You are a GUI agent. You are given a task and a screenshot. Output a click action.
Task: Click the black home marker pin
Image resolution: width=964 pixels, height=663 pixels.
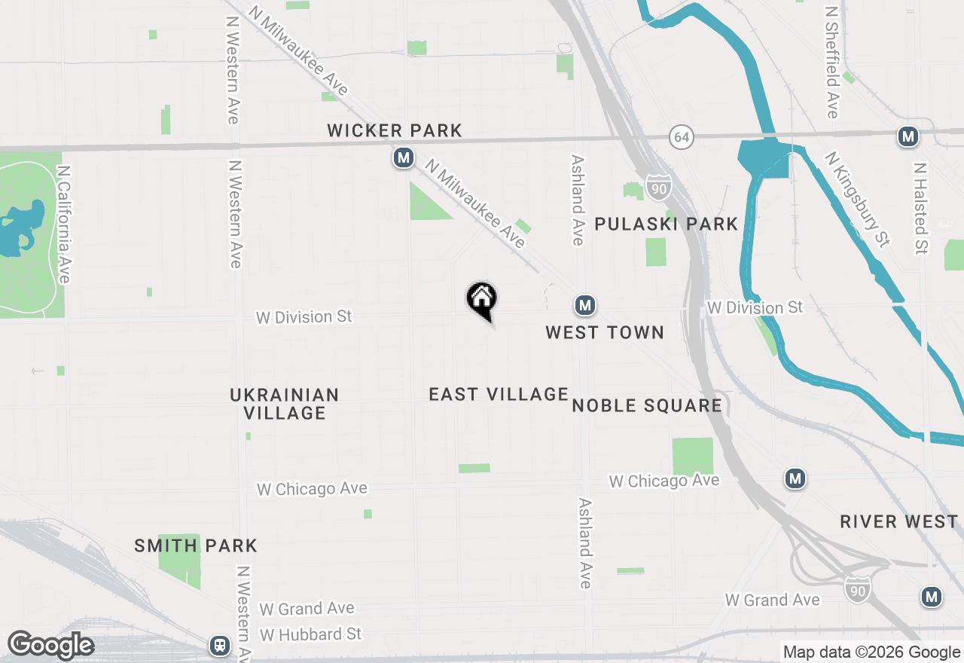click(x=481, y=299)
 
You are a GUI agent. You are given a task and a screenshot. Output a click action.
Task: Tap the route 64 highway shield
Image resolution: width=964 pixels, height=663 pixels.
click(x=681, y=138)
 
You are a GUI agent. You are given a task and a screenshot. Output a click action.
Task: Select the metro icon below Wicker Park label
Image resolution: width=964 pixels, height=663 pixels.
click(x=404, y=157)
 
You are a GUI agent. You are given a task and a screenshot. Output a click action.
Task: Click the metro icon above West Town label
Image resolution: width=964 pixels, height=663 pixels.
click(x=584, y=305)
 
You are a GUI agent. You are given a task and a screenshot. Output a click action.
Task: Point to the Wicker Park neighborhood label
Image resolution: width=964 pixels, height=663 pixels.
click(x=395, y=130)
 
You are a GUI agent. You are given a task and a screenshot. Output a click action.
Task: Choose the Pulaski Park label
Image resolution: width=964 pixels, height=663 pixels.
click(x=666, y=224)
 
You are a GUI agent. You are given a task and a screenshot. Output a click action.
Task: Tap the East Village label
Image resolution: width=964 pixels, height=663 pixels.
click(x=499, y=394)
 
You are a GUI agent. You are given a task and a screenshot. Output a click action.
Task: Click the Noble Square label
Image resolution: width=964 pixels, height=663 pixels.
click(x=647, y=405)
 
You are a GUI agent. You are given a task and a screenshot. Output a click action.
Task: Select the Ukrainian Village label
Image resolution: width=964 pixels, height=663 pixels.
click(x=285, y=404)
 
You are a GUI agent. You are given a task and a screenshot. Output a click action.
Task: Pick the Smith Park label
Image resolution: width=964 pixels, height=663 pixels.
click(x=196, y=545)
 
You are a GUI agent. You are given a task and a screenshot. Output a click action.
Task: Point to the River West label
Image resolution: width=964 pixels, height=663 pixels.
click(x=899, y=521)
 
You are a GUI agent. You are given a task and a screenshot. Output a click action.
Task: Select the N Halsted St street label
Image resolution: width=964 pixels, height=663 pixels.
click(x=920, y=208)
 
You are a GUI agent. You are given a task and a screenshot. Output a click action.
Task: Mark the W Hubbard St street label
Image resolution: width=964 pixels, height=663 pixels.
click(x=310, y=634)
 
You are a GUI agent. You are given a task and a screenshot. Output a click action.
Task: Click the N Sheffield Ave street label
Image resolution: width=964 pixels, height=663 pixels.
click(x=832, y=63)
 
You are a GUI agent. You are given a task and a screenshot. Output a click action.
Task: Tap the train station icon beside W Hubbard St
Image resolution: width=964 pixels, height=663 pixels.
click(x=220, y=645)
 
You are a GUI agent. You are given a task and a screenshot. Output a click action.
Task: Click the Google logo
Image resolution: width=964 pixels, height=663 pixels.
click(x=50, y=645)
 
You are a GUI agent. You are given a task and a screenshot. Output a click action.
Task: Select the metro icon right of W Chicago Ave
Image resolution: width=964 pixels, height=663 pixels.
click(x=795, y=478)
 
